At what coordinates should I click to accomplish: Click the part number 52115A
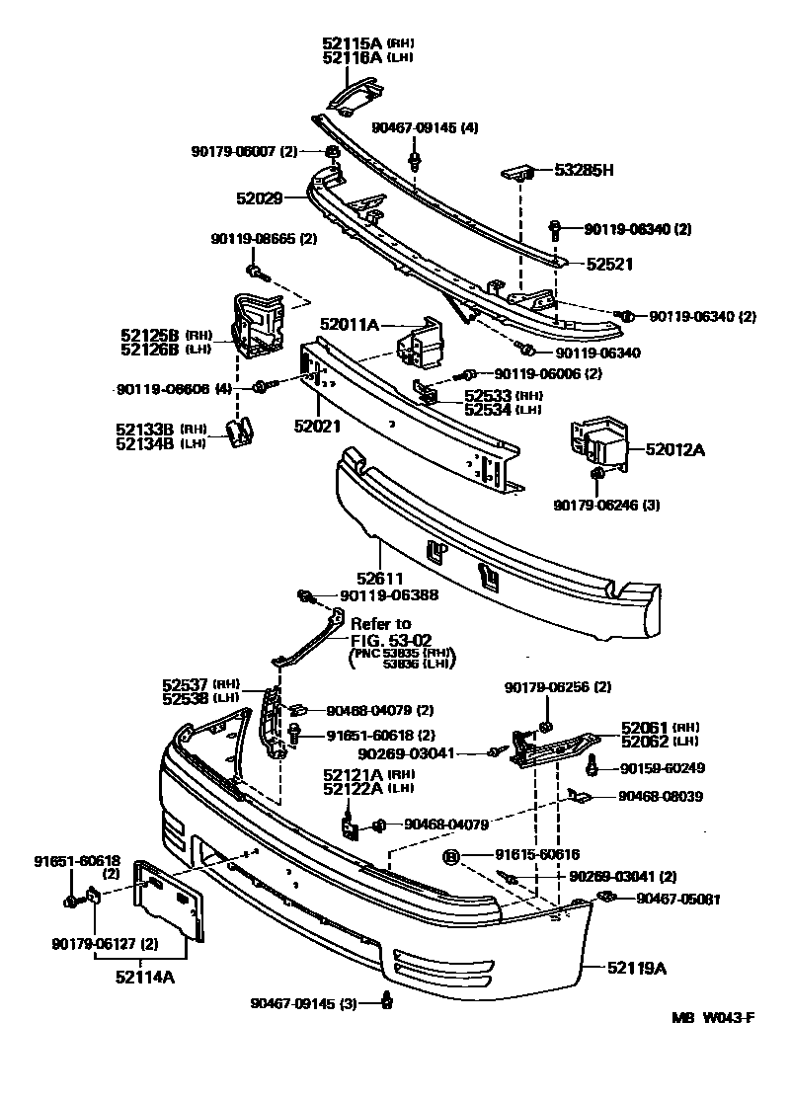352,43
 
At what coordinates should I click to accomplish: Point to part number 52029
259,198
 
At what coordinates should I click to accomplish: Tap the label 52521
609,264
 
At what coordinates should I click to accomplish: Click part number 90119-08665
255,238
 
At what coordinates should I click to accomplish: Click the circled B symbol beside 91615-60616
450,855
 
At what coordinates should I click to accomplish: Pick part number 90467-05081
677,899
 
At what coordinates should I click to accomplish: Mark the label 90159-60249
662,767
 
